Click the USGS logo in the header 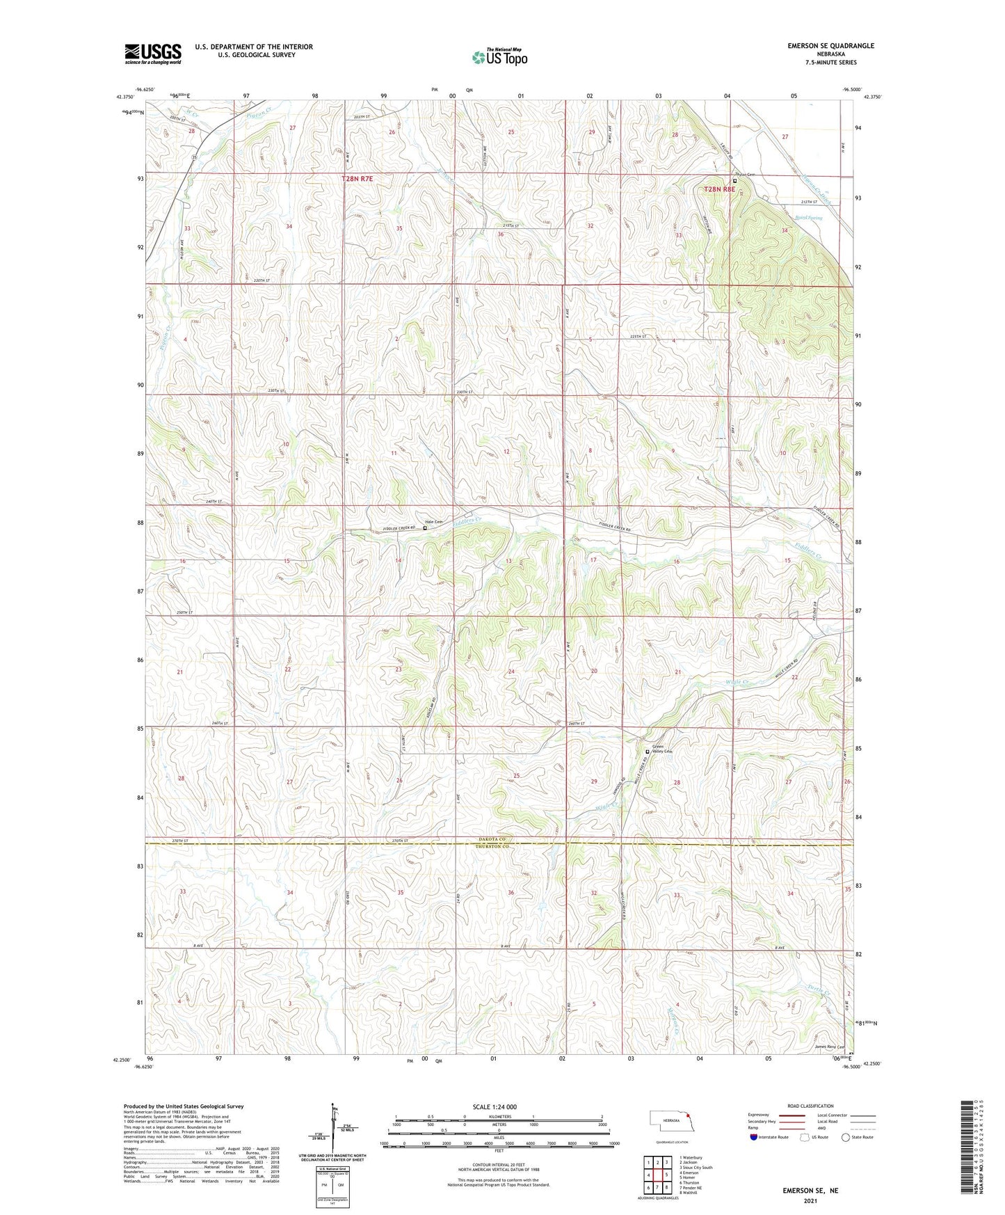click(x=153, y=54)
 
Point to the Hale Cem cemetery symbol click(x=426, y=528)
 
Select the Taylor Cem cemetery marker click(x=735, y=180)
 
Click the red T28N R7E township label click(x=357, y=179)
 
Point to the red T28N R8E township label click(x=719, y=189)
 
